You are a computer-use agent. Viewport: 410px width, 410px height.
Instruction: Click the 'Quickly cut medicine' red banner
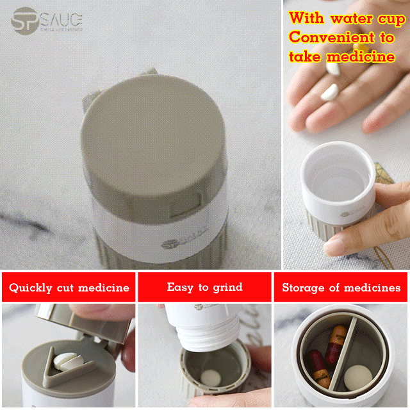point(69,288)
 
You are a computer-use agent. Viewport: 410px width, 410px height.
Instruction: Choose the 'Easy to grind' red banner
point(205,287)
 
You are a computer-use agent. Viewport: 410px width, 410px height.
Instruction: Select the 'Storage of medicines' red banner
point(341,288)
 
